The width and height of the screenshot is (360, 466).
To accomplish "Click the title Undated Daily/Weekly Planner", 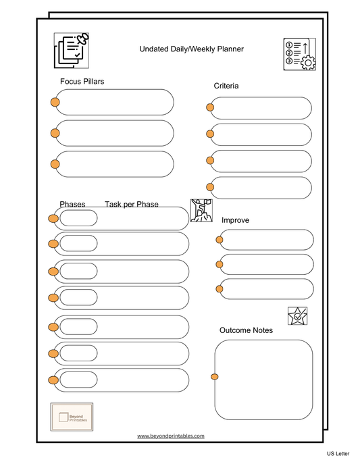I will pyautogui.click(x=191, y=49).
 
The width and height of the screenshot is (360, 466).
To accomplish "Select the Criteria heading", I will pyautogui.click(x=226, y=86).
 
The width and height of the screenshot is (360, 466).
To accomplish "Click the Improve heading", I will pyautogui.click(x=236, y=220).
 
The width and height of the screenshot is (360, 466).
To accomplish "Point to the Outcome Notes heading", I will pyautogui.click(x=246, y=330).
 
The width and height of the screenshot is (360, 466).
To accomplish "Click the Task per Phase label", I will pyautogui.click(x=132, y=205).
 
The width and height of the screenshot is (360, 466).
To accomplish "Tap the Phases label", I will pyautogui.click(x=72, y=205).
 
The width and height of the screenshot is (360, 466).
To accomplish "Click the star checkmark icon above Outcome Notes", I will pyautogui.click(x=297, y=315).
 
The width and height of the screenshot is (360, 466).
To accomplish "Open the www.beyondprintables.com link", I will pyautogui.click(x=170, y=436).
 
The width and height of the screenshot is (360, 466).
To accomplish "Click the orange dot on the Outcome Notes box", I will pyautogui.click(x=215, y=377).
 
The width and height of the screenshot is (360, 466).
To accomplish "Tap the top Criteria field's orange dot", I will pyautogui.click(x=211, y=107).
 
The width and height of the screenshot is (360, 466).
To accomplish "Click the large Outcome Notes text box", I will pyautogui.click(x=263, y=379).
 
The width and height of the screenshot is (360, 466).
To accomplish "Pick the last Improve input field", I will pyautogui.click(x=267, y=289).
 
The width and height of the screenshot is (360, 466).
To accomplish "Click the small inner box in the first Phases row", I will pyautogui.click(x=78, y=218).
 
